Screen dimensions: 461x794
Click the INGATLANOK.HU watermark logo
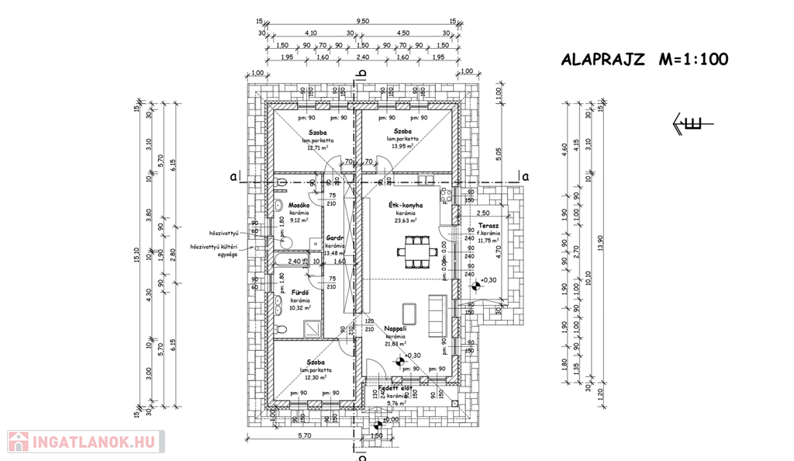85,442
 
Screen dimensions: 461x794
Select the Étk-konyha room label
405,205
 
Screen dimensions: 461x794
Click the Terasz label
488,225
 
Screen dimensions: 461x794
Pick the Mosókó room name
299,205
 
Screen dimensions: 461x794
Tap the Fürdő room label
300,292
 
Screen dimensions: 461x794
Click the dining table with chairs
414,251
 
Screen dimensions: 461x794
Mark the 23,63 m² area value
405,220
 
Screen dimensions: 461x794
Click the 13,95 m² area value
401,146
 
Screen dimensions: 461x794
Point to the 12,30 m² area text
316,378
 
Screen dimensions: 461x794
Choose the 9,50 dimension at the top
361,23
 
